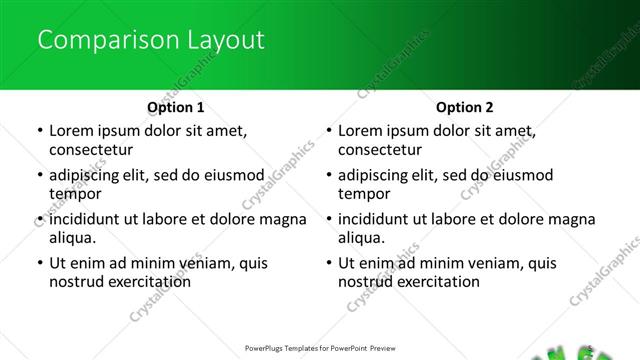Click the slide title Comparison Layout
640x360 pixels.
pyautogui.click(x=150, y=41)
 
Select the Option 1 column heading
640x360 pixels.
pyautogui.click(x=175, y=107)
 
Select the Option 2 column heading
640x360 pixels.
pyautogui.click(x=464, y=107)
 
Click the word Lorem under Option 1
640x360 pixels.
pyautogui.click(x=73, y=131)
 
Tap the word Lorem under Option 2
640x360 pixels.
pyautogui.click(x=362, y=131)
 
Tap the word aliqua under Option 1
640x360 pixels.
pyautogui.click(x=72, y=238)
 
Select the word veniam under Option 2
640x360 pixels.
pyautogui.click(x=488, y=264)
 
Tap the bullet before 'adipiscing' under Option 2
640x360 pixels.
pyautogui.click(x=328, y=177)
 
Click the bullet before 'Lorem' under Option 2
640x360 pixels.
pyautogui.click(x=328, y=132)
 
